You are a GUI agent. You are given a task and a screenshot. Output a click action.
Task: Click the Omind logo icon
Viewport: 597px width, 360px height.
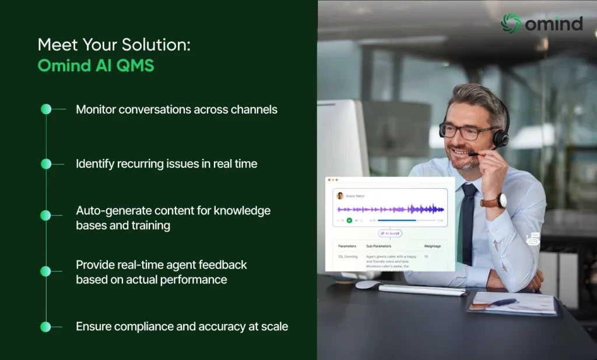pos(511,23)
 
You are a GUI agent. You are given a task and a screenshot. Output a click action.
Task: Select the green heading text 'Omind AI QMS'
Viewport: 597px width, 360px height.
pos(96,65)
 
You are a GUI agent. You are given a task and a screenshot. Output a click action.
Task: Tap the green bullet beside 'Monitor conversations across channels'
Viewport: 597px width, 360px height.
pos(46,109)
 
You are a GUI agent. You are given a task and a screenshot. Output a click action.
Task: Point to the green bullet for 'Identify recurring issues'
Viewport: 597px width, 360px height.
pos(46,164)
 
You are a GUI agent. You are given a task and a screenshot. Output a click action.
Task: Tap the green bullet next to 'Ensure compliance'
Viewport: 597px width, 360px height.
pos(46,327)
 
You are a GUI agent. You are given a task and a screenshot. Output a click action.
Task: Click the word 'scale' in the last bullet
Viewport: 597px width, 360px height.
pos(273,327)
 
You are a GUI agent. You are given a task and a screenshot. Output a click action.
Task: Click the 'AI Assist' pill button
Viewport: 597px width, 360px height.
pos(390,233)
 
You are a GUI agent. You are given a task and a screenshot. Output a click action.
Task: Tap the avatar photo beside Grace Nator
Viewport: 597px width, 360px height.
pos(340,196)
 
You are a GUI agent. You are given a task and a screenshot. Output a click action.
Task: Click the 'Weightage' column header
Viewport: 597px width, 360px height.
pos(432,246)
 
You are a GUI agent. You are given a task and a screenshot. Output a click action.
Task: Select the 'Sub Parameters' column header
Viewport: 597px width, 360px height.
pos(378,246)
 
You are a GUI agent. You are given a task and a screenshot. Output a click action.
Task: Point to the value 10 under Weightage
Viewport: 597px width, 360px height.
pos(426,256)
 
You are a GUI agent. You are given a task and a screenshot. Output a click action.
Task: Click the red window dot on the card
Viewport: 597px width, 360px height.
pos(329,180)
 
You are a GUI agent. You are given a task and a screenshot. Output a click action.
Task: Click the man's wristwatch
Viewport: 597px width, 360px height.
pos(501,201)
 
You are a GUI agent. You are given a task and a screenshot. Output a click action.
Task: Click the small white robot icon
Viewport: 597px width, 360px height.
pos(532,239)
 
